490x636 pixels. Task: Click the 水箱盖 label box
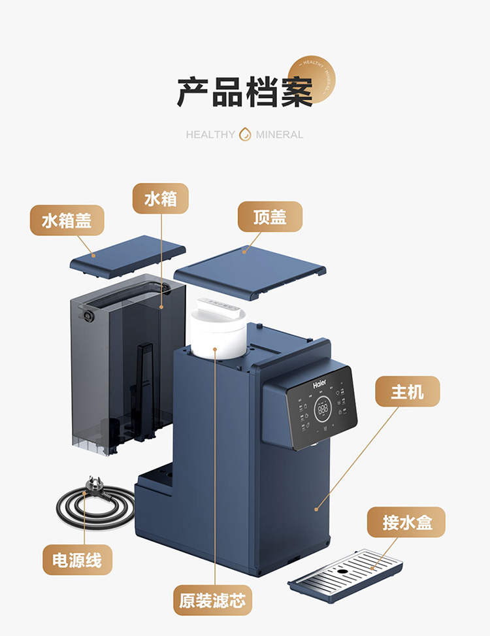coord(67,220)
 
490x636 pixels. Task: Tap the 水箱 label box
coord(161,198)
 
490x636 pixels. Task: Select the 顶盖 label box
coord(270,216)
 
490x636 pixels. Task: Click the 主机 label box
coord(407,392)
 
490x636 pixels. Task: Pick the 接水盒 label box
coord(406,522)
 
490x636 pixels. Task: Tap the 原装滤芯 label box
coord(212,600)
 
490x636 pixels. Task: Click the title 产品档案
coord(245,92)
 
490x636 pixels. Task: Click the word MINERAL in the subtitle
coord(280,135)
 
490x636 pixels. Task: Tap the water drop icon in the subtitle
coord(246,134)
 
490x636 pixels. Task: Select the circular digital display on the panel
coord(323,410)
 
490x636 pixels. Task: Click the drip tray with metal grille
coord(347,575)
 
